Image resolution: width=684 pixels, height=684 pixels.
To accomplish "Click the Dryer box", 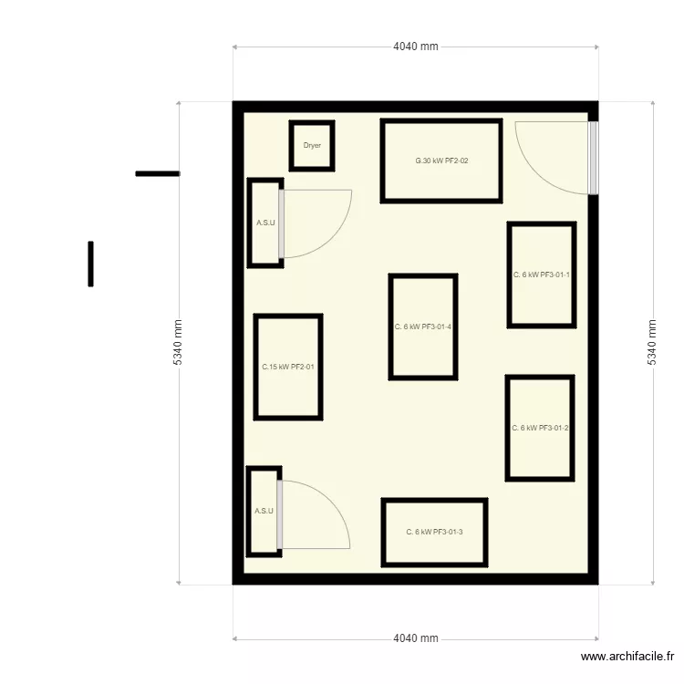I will pos(312,146).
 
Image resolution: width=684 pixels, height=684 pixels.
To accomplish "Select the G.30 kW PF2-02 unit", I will pos(441,161).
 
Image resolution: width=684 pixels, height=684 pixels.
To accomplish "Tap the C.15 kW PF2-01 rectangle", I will pos(288,367).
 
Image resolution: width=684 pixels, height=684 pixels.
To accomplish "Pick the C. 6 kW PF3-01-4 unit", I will pos(423,326).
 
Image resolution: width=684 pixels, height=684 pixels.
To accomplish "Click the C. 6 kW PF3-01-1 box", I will pos(542,275).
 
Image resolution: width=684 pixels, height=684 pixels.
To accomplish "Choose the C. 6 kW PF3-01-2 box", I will pos(540,428).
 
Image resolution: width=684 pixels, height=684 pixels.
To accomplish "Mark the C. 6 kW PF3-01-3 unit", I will pos(434,532).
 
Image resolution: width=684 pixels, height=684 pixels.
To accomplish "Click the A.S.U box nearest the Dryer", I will pos(264,223).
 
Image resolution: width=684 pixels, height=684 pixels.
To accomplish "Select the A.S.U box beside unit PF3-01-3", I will pos(263,511).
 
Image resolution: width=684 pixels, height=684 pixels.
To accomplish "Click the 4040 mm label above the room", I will pos(416,47).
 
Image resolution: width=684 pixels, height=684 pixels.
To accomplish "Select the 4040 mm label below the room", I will pos(416,638).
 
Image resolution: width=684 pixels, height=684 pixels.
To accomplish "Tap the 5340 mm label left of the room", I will pos(178,342).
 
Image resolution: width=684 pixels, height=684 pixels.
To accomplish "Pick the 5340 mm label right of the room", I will pos(652,342).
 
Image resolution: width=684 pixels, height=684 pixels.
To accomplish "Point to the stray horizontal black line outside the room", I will pos(157,173).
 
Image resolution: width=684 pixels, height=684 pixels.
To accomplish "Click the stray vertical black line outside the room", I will pos(90,264).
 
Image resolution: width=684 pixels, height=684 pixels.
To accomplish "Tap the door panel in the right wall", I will pos(593,158).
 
